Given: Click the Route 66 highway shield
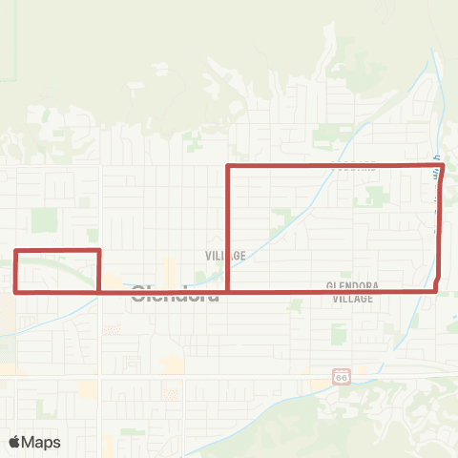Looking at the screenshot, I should coord(341,377).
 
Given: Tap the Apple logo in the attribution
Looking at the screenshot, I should coord(15,442).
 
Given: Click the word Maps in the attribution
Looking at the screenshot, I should coord(42,442).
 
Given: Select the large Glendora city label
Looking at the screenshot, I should coord(175,293).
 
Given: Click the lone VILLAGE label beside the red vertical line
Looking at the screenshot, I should coord(226,256).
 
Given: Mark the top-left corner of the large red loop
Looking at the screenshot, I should coord(227,167).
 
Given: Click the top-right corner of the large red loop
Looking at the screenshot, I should coord(444,165).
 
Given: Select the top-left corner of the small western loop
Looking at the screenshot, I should coord(15,251).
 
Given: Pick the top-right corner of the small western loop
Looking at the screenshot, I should coord(99,251).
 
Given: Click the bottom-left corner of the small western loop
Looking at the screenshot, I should coord(15,291).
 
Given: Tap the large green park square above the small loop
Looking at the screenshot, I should coord(44,220).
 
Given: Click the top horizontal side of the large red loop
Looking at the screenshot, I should coord(334,166).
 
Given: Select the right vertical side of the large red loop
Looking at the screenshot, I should coord(440,229).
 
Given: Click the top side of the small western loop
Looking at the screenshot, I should coord(57,251).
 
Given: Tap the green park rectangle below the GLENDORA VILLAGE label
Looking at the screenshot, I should coord(339,333).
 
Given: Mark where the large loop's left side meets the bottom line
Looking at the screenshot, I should coord(227,291).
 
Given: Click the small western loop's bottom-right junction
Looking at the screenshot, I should coord(99,291).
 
